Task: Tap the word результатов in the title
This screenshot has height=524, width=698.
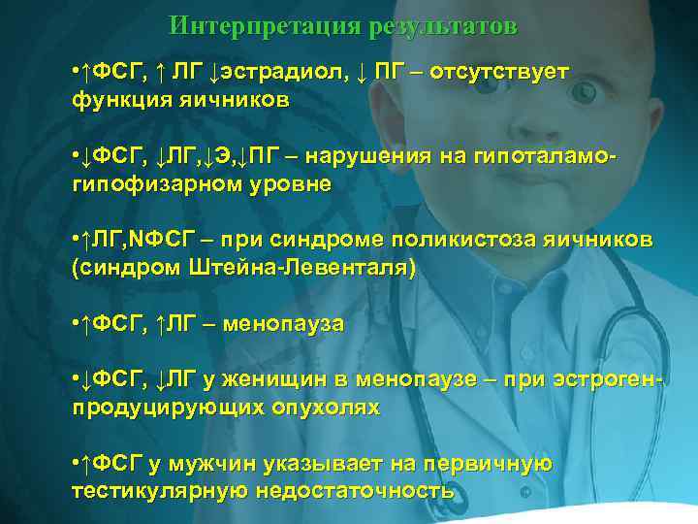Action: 443,24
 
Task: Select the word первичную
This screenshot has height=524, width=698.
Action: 495,464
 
